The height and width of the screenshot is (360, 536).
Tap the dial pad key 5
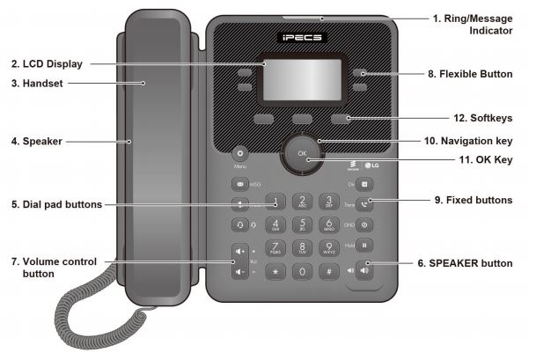point(303,224)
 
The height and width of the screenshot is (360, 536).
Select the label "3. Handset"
point(39,84)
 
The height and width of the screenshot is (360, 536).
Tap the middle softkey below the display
point(303,118)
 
